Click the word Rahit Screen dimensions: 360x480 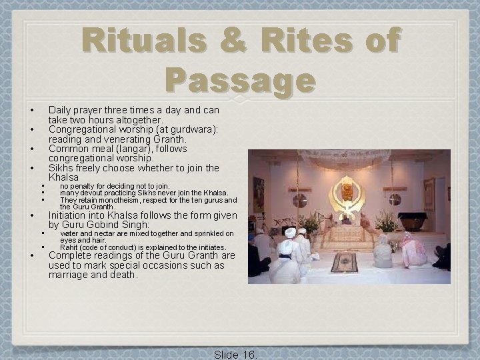(70, 247)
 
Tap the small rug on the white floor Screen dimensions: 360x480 (345, 262)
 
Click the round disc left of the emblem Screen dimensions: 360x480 (300, 199)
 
